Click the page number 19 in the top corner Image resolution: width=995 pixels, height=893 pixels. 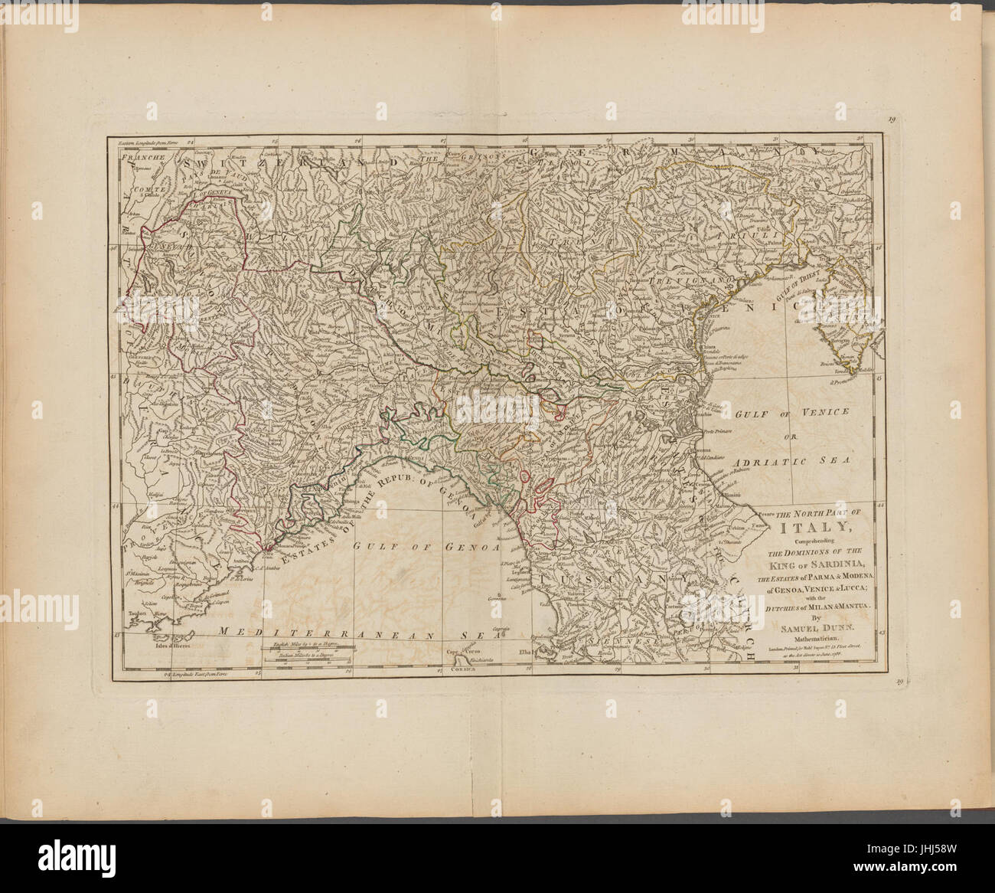click(892, 119)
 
